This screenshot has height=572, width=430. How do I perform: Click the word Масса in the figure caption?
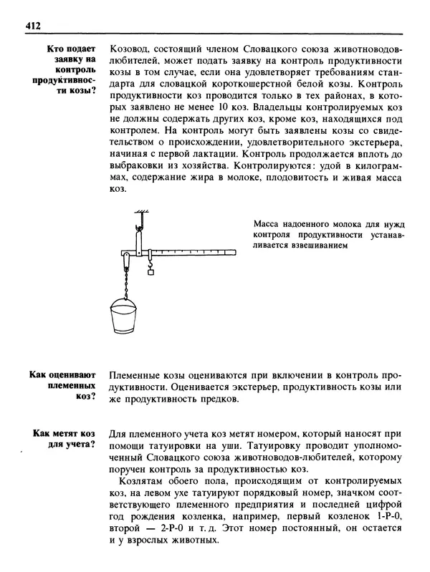click(x=268, y=223)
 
